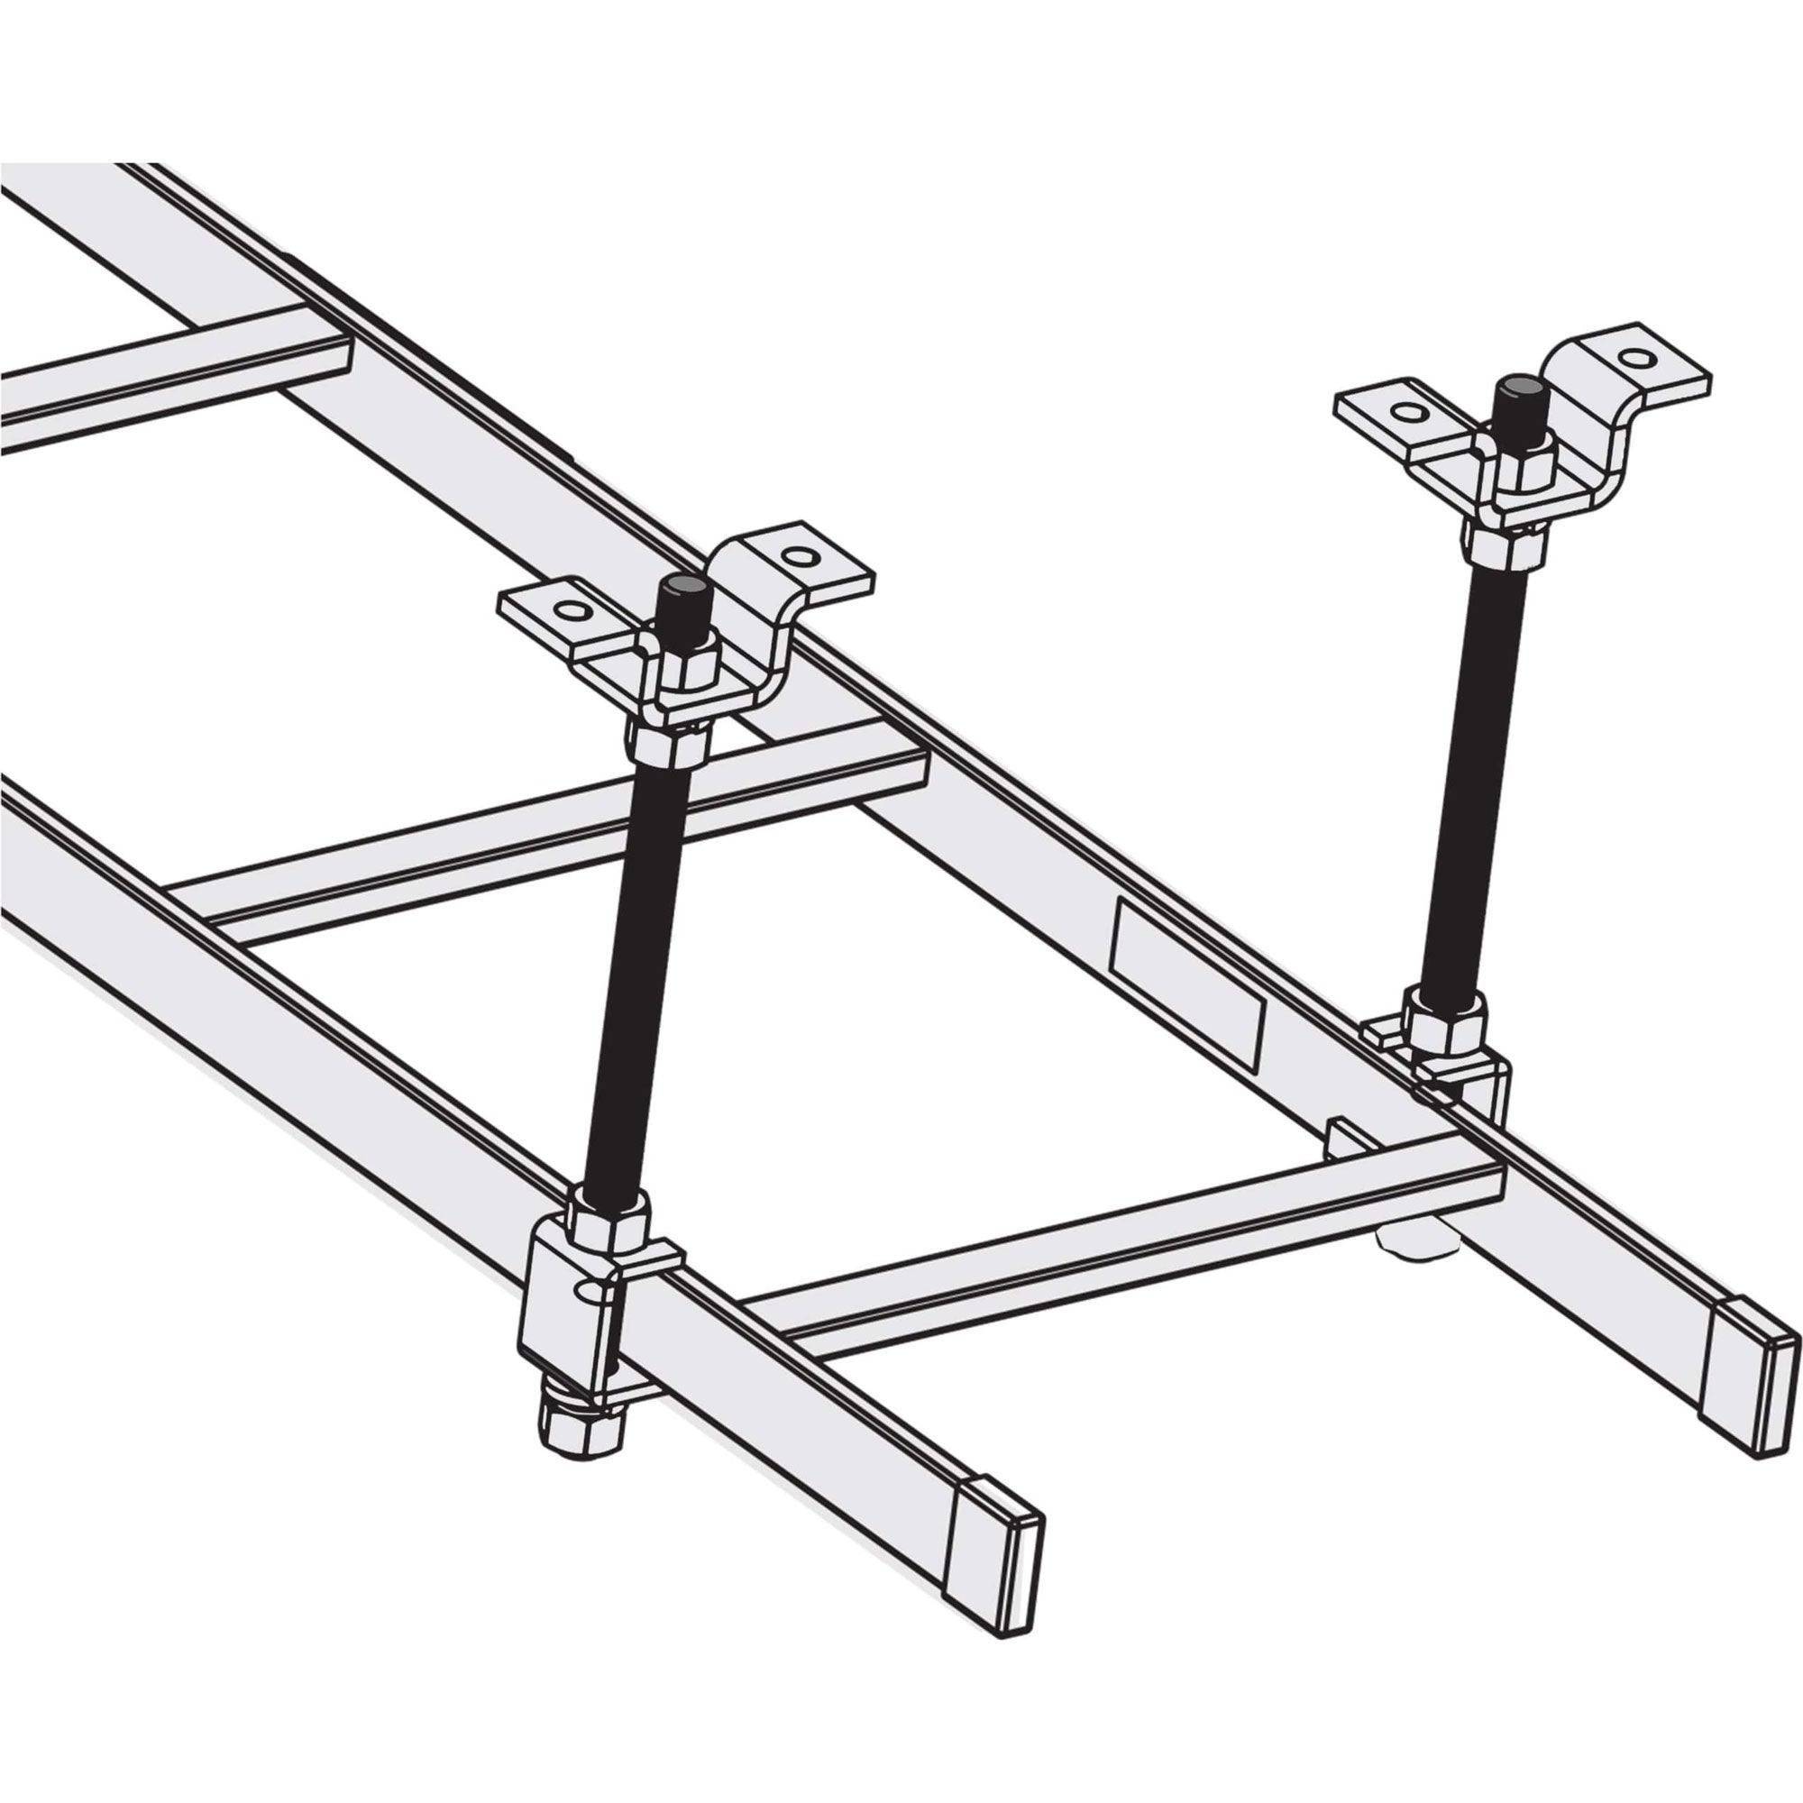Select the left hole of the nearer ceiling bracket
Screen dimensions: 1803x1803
coord(571,610)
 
